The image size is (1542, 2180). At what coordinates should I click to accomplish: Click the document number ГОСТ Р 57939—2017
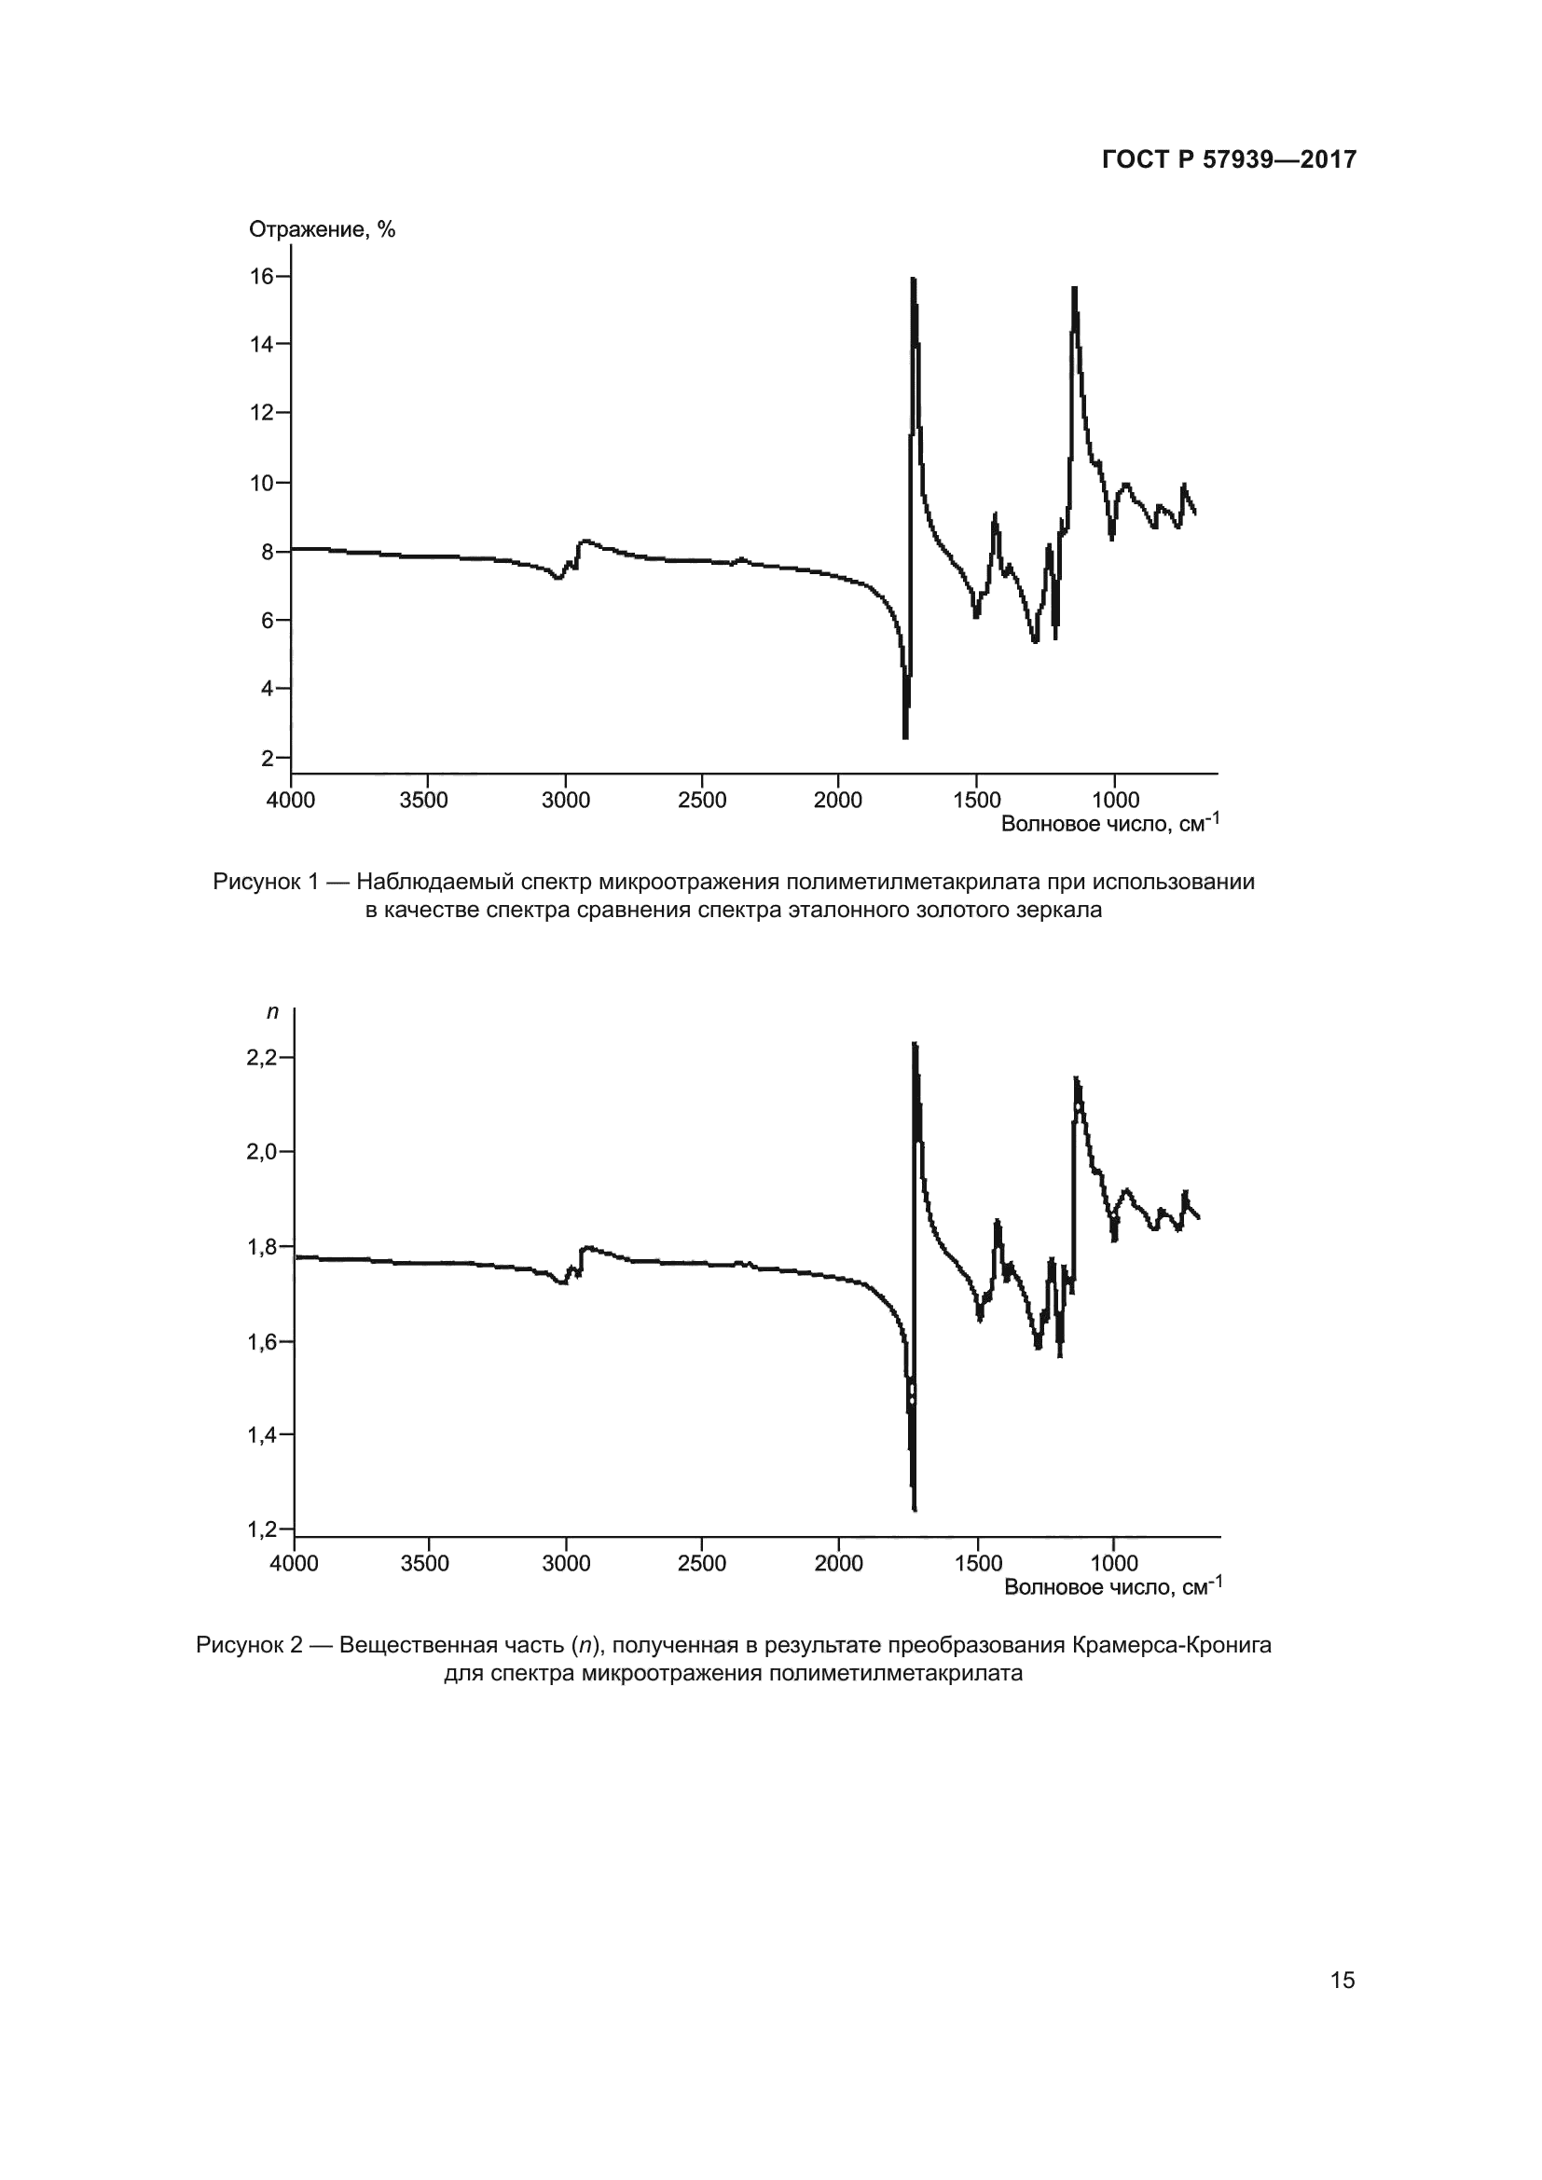click(1229, 159)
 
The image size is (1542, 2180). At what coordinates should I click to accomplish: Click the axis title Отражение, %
click(322, 230)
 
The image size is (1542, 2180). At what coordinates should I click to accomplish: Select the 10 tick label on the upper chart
click(261, 483)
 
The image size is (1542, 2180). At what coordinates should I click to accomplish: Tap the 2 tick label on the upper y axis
click(268, 758)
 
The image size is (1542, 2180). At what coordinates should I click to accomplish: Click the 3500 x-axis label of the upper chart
click(423, 801)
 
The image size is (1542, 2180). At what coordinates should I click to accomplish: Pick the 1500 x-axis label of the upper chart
click(977, 801)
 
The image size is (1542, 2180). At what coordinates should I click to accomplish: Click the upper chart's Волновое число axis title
click(1109, 823)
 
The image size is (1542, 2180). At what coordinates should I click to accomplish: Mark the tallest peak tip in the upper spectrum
click(913, 280)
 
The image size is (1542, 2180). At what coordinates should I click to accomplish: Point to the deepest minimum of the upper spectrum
click(905, 737)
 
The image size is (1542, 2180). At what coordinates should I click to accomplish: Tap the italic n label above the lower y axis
click(272, 1012)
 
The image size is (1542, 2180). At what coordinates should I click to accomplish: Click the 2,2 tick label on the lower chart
click(261, 1058)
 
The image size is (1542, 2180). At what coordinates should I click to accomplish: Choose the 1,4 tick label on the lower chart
click(261, 1435)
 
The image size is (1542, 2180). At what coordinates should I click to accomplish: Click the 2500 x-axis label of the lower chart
click(702, 1564)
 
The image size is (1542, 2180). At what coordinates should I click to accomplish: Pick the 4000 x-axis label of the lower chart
click(295, 1564)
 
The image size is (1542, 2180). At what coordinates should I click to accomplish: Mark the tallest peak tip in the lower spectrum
click(915, 1045)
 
